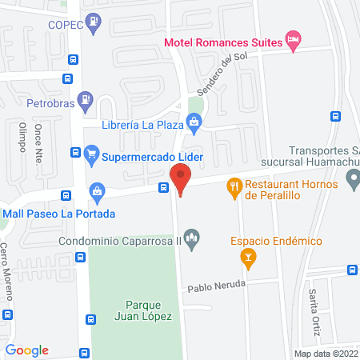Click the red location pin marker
coord(181,178)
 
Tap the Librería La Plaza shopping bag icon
coord(193,122)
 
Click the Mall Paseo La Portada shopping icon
coord(97,192)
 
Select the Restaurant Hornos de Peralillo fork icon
coord(234,186)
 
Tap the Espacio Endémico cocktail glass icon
coord(248,257)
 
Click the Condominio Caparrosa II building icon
coord(191,238)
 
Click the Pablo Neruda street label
coord(215,286)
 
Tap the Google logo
coord(27,350)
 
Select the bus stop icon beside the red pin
coord(163,188)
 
